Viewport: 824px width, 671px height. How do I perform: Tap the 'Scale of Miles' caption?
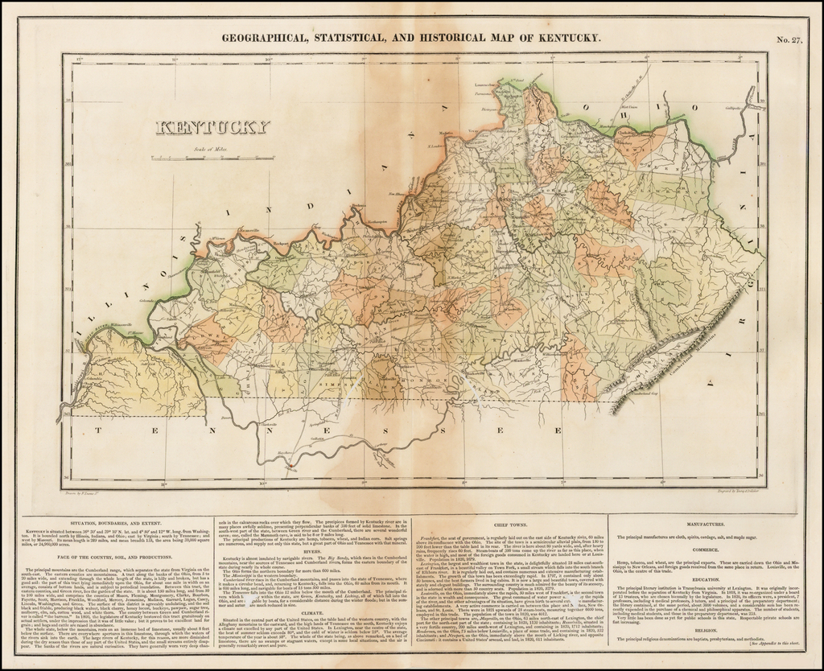click(210, 149)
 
